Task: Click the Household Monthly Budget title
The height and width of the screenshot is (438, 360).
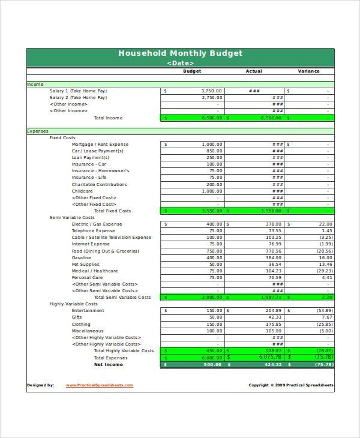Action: [180, 53]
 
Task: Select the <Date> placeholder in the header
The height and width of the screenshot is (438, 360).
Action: [180, 62]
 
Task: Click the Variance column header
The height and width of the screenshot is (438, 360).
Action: [308, 71]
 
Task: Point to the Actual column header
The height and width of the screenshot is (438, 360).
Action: [254, 71]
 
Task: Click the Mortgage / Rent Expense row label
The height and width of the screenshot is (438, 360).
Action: [100, 145]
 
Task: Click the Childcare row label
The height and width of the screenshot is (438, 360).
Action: [82, 191]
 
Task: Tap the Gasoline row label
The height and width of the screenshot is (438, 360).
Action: [82, 257]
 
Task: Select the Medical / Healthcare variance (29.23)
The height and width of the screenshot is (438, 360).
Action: [325, 271]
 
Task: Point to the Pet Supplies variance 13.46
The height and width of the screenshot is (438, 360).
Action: [325, 264]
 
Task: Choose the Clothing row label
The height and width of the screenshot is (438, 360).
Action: [82, 324]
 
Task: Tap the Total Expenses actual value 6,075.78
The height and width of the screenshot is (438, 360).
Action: [269, 357]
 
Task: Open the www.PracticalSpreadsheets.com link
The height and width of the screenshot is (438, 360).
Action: [100, 385]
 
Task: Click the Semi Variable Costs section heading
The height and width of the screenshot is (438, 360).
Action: [72, 218]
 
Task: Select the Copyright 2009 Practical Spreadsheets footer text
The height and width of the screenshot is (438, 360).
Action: [291, 385]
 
